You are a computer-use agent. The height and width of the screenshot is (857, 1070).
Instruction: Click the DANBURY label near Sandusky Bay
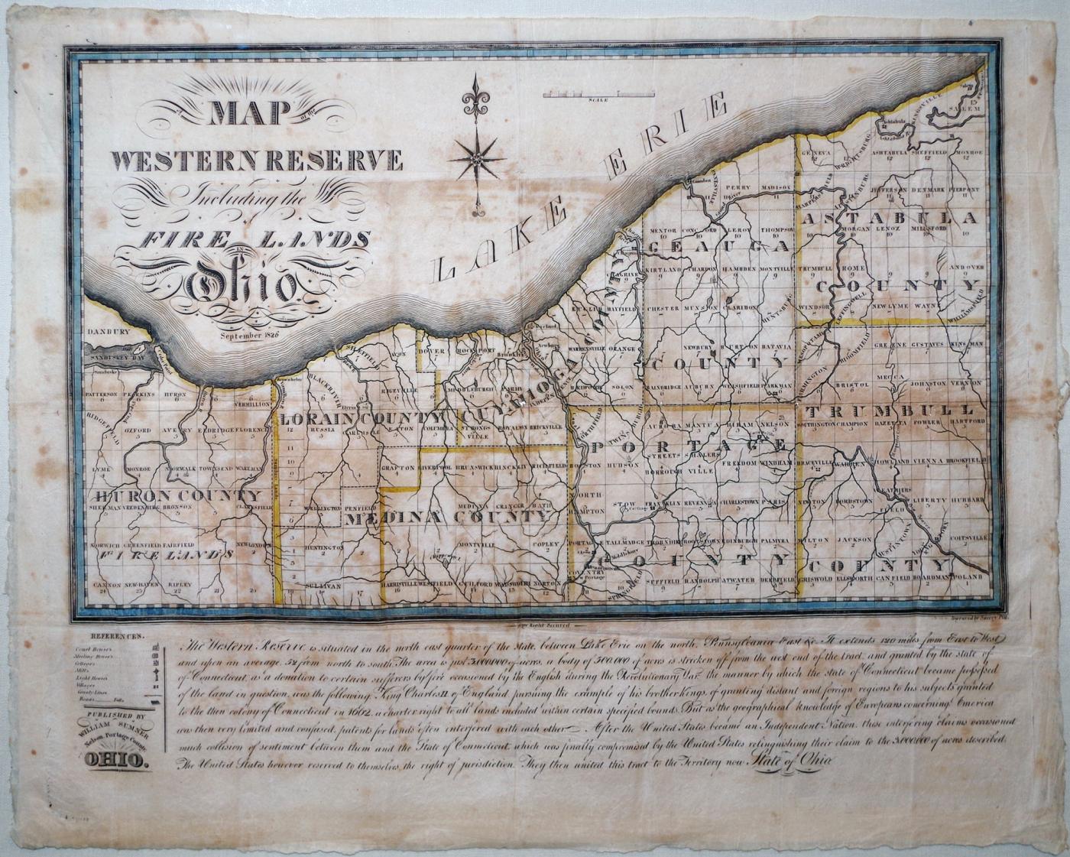[105, 333]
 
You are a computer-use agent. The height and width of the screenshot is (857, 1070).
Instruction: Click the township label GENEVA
[815, 152]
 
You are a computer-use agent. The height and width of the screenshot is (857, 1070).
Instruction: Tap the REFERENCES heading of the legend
[116, 636]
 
